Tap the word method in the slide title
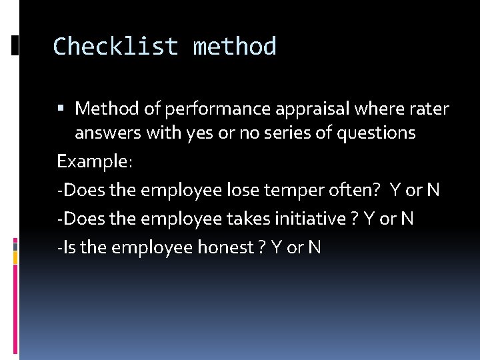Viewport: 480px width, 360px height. pos(234,47)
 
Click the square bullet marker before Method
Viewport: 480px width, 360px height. pos(61,108)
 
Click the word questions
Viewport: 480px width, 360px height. pos(376,133)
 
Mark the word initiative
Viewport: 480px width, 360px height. pos(309,219)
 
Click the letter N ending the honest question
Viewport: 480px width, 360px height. pos(315,247)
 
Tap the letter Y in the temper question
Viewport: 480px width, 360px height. pos(395,190)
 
